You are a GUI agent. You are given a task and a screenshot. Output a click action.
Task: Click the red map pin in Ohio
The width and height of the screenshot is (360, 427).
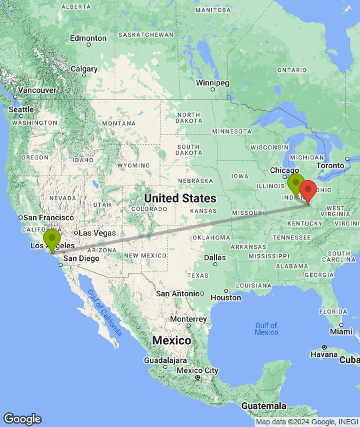point(307,190)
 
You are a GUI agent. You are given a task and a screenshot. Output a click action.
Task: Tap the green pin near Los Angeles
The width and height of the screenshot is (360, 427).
point(52,239)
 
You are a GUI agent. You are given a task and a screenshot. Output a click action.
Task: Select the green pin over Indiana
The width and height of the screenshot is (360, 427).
point(295,183)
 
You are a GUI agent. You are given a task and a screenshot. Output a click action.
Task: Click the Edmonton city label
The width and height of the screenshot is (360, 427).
point(88,38)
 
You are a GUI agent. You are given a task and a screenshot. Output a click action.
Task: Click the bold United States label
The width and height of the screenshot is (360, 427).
point(180,198)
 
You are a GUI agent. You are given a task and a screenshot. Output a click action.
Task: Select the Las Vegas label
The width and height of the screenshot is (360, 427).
point(97,233)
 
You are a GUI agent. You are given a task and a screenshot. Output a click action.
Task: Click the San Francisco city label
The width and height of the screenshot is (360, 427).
point(49,218)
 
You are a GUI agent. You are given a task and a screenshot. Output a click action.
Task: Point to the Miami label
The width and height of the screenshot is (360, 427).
point(341,332)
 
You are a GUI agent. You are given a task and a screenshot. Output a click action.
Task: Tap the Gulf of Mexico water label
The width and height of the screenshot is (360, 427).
point(266,328)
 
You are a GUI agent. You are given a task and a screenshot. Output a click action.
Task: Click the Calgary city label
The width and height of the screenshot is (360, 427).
point(85,68)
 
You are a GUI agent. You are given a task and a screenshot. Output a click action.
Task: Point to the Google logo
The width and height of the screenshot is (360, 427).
point(22,418)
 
